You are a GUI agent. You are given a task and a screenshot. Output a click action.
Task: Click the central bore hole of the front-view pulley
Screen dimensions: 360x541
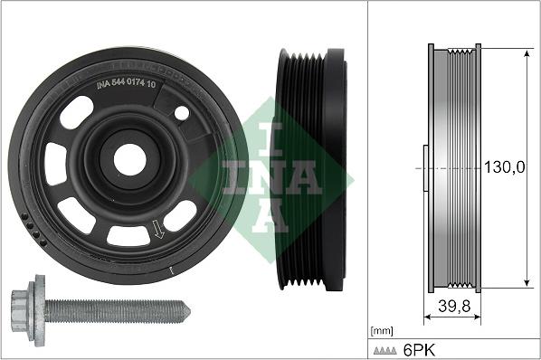pos(129,159)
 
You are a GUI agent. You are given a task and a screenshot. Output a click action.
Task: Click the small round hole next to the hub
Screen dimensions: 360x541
pos(182,114)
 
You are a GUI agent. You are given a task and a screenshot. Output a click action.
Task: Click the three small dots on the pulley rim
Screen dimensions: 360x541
pos(34,231)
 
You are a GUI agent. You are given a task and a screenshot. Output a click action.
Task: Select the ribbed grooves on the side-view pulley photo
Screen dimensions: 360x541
pos(298,169)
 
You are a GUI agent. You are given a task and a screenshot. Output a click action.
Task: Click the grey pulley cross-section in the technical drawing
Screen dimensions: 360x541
pos(454,168)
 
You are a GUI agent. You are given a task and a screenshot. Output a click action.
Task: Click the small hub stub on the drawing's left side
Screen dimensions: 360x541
pos(424,168)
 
